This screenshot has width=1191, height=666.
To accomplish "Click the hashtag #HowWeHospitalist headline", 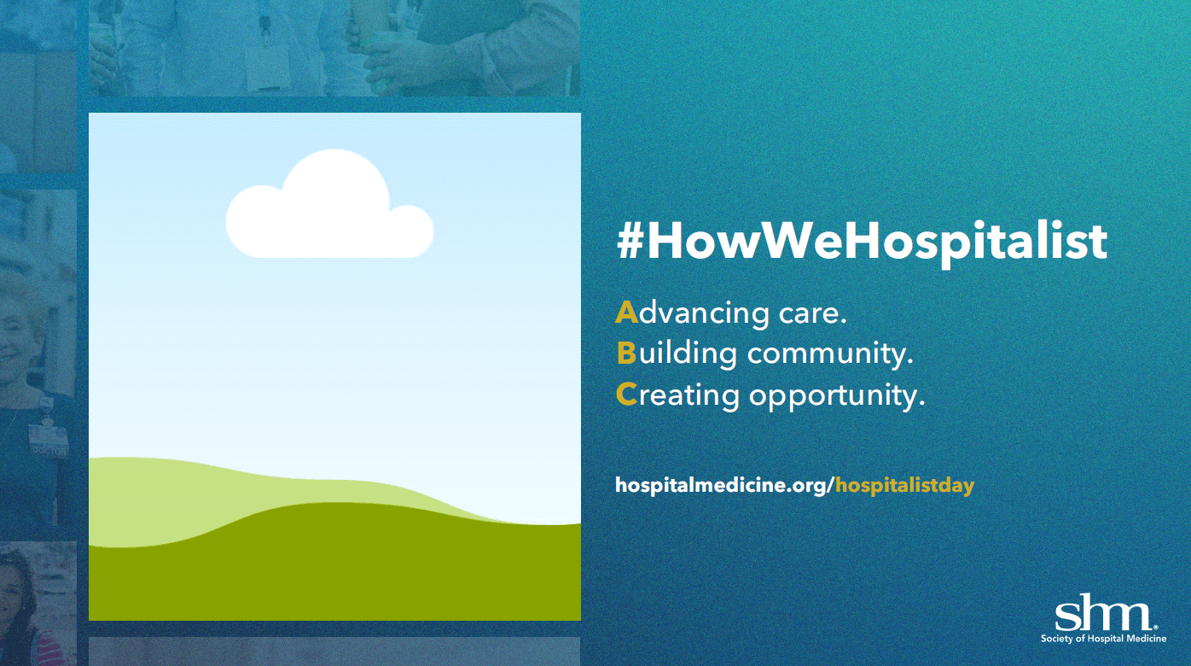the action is click(x=862, y=243).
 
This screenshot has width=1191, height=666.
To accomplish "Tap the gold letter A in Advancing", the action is click(x=626, y=313).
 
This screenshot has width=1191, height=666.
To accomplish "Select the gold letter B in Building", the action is click(x=626, y=353).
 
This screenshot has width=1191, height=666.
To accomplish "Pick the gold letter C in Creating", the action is click(x=626, y=394).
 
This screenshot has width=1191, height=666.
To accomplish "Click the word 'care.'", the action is click(x=812, y=314).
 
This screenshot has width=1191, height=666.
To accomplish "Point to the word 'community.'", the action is click(x=830, y=354).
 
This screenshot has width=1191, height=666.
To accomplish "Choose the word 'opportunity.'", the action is click(x=837, y=396).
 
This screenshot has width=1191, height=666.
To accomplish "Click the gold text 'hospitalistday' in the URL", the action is click(x=905, y=486).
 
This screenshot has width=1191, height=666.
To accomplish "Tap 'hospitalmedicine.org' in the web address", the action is click(x=721, y=486).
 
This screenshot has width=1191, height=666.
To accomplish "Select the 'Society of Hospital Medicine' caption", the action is click(x=1103, y=639).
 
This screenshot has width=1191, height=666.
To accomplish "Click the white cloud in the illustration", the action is click(x=329, y=208).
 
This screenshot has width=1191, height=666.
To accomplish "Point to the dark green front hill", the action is click(x=334, y=570).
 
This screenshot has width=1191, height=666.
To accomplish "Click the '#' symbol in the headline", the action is click(x=630, y=243).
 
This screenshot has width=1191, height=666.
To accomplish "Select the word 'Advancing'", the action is click(x=692, y=314).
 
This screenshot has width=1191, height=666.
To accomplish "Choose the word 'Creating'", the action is click(x=677, y=396).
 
